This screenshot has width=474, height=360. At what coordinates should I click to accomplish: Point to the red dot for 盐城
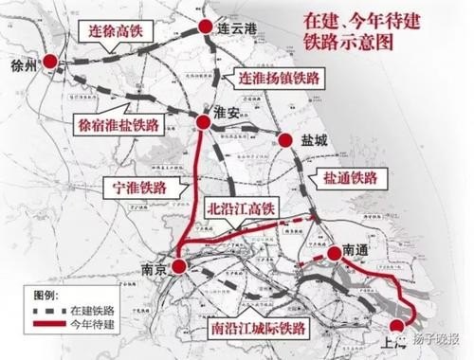pos(284,141)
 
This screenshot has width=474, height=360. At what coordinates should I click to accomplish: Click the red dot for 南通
pos(334,253)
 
